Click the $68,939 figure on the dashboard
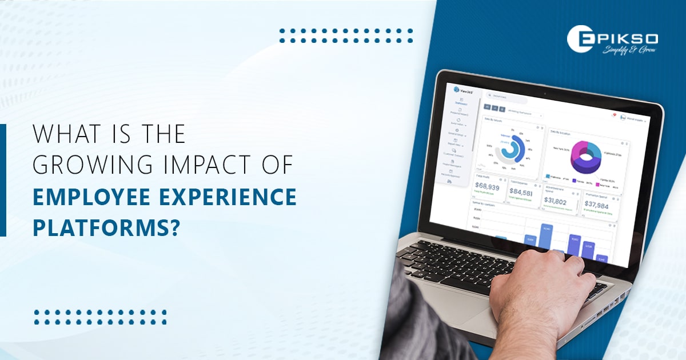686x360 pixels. point(491,187)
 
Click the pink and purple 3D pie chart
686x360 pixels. point(587,158)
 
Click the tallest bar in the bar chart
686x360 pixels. point(546,237)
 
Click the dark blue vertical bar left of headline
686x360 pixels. point(3,180)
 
